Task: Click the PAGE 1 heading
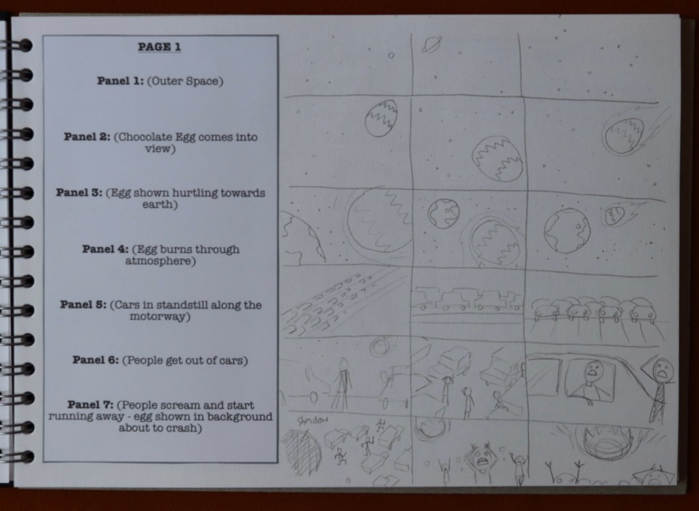(x=159, y=47)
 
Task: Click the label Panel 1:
(x=120, y=81)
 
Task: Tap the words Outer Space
(x=184, y=81)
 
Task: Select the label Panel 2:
(x=87, y=136)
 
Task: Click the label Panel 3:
(x=79, y=192)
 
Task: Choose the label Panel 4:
(x=105, y=248)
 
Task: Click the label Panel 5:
(x=83, y=304)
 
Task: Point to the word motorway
(x=158, y=317)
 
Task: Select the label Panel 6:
(x=96, y=360)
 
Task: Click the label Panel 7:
(x=91, y=405)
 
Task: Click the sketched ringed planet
(x=431, y=44)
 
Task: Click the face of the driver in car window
(x=593, y=370)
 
